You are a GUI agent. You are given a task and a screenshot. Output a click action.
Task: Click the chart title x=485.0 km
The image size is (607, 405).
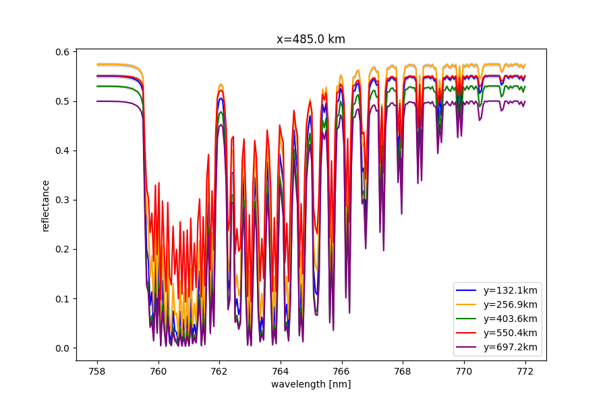[311, 39]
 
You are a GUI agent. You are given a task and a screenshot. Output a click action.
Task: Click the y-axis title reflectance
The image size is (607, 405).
[46, 206]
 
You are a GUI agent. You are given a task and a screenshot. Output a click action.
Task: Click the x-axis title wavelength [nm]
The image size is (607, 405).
[311, 384]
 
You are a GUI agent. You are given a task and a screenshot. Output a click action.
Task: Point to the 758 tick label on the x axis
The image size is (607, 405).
[97, 371]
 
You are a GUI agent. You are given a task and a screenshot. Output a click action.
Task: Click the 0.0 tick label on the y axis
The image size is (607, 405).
[63, 348]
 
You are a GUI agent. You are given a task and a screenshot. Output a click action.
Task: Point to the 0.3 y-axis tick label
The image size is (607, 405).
[63, 200]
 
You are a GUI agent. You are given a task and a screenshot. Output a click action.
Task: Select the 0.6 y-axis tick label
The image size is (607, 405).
[63, 52]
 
